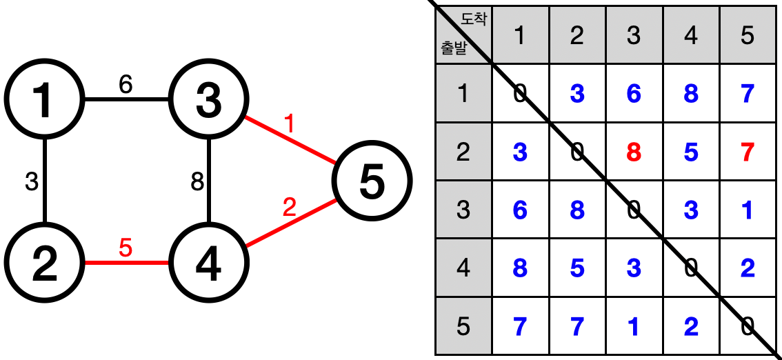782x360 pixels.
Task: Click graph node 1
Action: click(x=44, y=100)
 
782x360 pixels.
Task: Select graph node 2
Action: click(x=44, y=263)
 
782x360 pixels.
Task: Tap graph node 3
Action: click(x=208, y=100)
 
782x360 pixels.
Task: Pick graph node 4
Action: click(x=208, y=263)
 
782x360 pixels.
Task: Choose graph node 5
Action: click(x=372, y=181)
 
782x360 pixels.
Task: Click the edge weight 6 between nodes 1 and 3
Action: click(x=125, y=84)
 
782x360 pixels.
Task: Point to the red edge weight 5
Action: click(x=125, y=248)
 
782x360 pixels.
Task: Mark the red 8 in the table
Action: click(x=634, y=152)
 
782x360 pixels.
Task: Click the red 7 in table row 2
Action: click(x=748, y=152)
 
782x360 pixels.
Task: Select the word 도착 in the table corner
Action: click(x=473, y=20)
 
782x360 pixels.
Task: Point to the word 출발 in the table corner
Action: click(x=454, y=49)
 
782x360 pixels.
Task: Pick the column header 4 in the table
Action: click(x=690, y=36)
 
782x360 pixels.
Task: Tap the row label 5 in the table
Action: click(x=463, y=326)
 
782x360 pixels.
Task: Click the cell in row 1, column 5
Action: click(x=748, y=94)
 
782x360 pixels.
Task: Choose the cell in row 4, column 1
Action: click(x=520, y=268)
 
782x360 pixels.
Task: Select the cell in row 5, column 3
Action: click(x=634, y=326)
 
